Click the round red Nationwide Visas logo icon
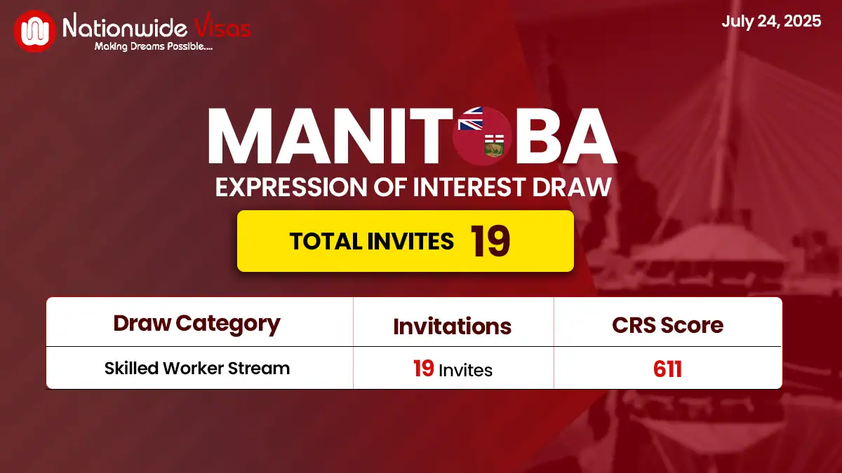click(34, 31)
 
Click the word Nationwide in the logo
click(125, 27)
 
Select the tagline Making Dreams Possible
click(154, 46)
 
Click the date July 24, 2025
click(771, 21)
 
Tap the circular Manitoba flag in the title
click(482, 136)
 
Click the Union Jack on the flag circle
click(471, 118)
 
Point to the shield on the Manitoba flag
click(494, 146)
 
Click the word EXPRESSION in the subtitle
click(291, 187)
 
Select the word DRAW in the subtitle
click(572, 187)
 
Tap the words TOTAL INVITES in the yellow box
click(372, 241)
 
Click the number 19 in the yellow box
click(490, 241)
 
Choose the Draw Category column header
click(196, 324)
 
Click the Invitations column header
click(452, 327)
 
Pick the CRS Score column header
click(667, 325)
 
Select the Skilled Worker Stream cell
click(197, 369)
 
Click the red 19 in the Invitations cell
click(424, 369)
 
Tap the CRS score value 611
click(667, 369)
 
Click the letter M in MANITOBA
click(240, 136)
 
